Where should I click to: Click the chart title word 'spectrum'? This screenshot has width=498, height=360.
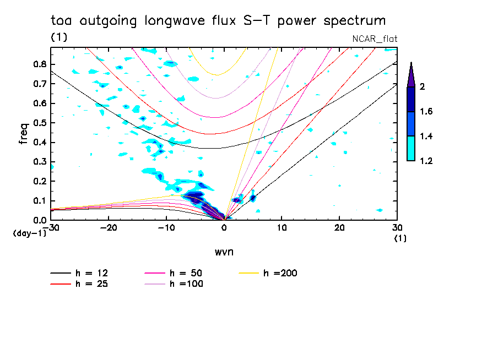(x=355, y=21)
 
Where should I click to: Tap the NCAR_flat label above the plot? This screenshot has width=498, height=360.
(x=375, y=39)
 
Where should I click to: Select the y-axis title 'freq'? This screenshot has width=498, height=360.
(x=23, y=134)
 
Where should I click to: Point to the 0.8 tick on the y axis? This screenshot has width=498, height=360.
(x=39, y=64)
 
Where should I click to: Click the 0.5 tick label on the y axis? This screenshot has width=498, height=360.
(x=39, y=122)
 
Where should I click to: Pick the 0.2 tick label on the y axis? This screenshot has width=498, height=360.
(x=39, y=181)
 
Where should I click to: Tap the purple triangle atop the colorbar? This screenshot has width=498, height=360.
(x=411, y=75)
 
